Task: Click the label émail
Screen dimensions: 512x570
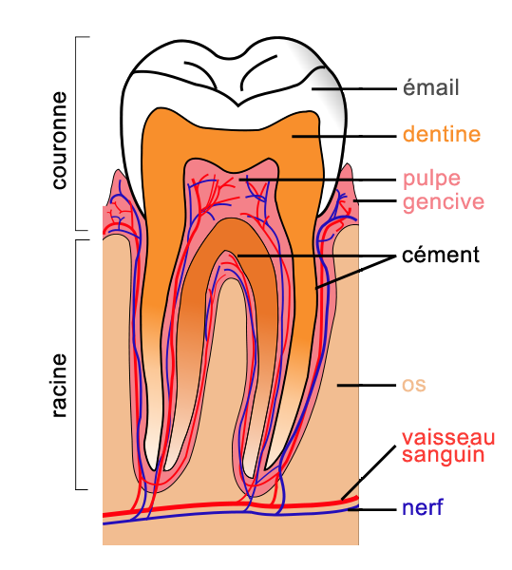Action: point(430,87)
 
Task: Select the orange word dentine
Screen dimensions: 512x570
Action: point(442,134)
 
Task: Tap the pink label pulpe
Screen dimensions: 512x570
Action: point(431,180)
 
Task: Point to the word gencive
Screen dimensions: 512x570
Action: point(444,202)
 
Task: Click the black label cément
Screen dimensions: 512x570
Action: point(441,256)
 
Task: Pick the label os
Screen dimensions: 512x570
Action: point(414,386)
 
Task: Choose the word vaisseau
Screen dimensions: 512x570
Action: point(448,438)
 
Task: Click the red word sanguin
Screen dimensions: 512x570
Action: point(444,455)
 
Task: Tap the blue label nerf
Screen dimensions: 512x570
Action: point(423,507)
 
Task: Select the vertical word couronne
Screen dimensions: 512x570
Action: point(60,141)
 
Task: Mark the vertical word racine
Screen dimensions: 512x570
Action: point(60,386)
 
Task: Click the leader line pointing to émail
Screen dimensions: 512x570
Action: point(354,88)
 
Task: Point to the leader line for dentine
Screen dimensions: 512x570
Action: point(344,136)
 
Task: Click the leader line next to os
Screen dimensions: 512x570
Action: point(367,385)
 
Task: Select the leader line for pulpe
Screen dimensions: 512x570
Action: point(317,180)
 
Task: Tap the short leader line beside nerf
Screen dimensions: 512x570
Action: point(371,509)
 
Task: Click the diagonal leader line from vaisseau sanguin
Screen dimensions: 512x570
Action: point(369,472)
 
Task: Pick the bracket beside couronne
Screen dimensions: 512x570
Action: point(76,133)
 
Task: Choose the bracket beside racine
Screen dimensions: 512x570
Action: point(76,365)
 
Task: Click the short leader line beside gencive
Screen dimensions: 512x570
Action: point(374,200)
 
